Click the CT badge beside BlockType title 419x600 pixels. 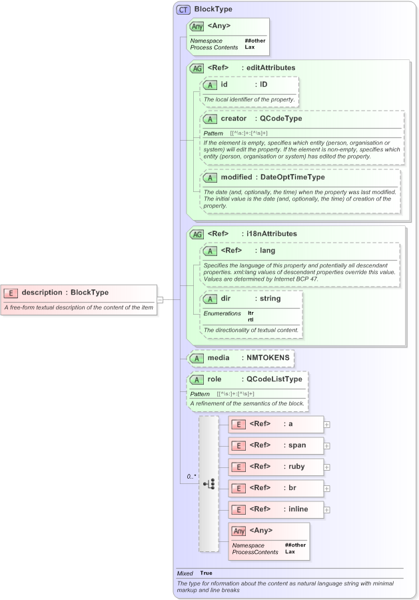pyautogui.click(x=183, y=10)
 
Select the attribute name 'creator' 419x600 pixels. pyautogui.click(x=234, y=119)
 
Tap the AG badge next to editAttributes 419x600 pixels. pyautogui.click(x=197, y=68)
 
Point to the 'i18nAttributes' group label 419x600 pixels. pyautogui.click(x=272, y=234)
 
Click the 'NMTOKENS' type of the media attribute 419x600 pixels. pyautogui.click(x=268, y=358)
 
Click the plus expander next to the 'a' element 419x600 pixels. pyautogui.click(x=327, y=424)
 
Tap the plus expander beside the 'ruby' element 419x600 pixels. pyautogui.click(x=327, y=467)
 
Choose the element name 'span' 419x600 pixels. pyautogui.click(x=297, y=445)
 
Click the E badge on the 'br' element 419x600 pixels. pyautogui.click(x=237, y=488)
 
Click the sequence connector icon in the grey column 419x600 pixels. pyautogui.click(x=209, y=483)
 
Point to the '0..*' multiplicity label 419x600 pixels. pyautogui.click(x=192, y=477)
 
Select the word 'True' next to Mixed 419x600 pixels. pyautogui.click(x=207, y=573)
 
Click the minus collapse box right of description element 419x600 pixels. pyautogui.click(x=160, y=299)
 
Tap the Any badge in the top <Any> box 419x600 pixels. pyautogui.click(x=197, y=27)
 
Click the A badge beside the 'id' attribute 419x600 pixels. pyautogui.click(x=210, y=85)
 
